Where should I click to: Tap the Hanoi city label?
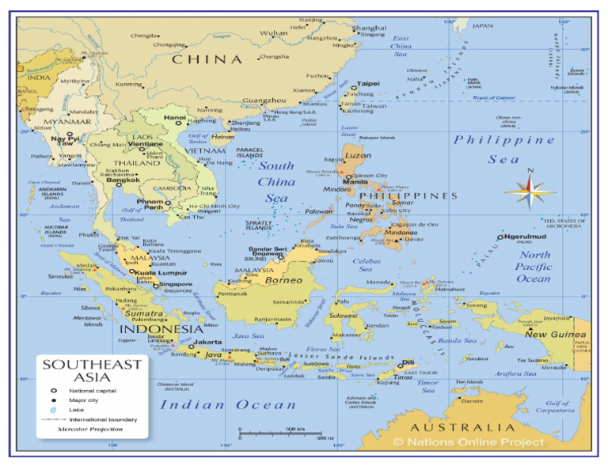[x=175, y=118]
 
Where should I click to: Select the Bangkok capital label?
[x=123, y=180]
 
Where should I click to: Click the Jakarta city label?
[x=207, y=342]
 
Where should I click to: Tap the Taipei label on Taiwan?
[x=368, y=83]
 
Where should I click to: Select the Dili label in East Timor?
[x=408, y=362]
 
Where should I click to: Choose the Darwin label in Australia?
[x=472, y=401]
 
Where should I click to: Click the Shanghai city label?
[x=370, y=28]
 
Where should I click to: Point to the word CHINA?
[x=207, y=59]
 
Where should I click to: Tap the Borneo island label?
[x=283, y=280]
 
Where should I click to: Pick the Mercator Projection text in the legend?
[x=90, y=429]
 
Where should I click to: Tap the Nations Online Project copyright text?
[x=469, y=442]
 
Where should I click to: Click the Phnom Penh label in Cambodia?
[x=152, y=204]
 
